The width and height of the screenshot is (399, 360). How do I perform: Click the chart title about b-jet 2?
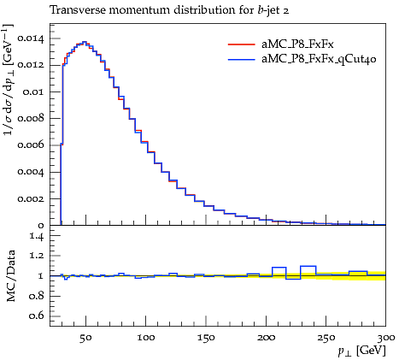point(169,10)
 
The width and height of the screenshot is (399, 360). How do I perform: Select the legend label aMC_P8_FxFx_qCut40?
point(319,59)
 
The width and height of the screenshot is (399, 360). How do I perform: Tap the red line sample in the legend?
point(241,44)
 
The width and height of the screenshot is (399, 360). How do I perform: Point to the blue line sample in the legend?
point(241,59)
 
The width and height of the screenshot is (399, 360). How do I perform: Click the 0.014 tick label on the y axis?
point(31,38)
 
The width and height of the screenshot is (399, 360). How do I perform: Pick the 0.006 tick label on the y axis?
point(31,145)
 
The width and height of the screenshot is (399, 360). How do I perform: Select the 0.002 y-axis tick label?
point(31,198)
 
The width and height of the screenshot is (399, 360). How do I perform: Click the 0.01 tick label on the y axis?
point(33,92)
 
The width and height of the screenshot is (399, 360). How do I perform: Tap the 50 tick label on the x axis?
point(85,338)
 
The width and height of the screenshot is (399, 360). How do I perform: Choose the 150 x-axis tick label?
point(206,338)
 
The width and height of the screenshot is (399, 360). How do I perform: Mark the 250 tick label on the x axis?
point(326,338)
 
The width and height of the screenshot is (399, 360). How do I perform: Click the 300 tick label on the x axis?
point(386,338)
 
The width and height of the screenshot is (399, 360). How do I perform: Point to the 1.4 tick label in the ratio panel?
point(37,236)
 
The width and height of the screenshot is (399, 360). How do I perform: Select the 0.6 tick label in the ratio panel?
point(36,316)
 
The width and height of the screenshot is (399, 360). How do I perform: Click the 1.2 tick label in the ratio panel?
point(37,256)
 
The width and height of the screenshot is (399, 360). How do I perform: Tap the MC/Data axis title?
point(10,276)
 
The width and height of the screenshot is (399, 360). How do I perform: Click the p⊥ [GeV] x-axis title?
point(361,351)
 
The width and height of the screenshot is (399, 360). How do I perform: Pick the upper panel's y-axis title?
point(8,80)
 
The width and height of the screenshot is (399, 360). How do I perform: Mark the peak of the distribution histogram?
point(85,42)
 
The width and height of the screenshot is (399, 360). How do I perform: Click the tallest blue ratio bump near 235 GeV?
point(308,266)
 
